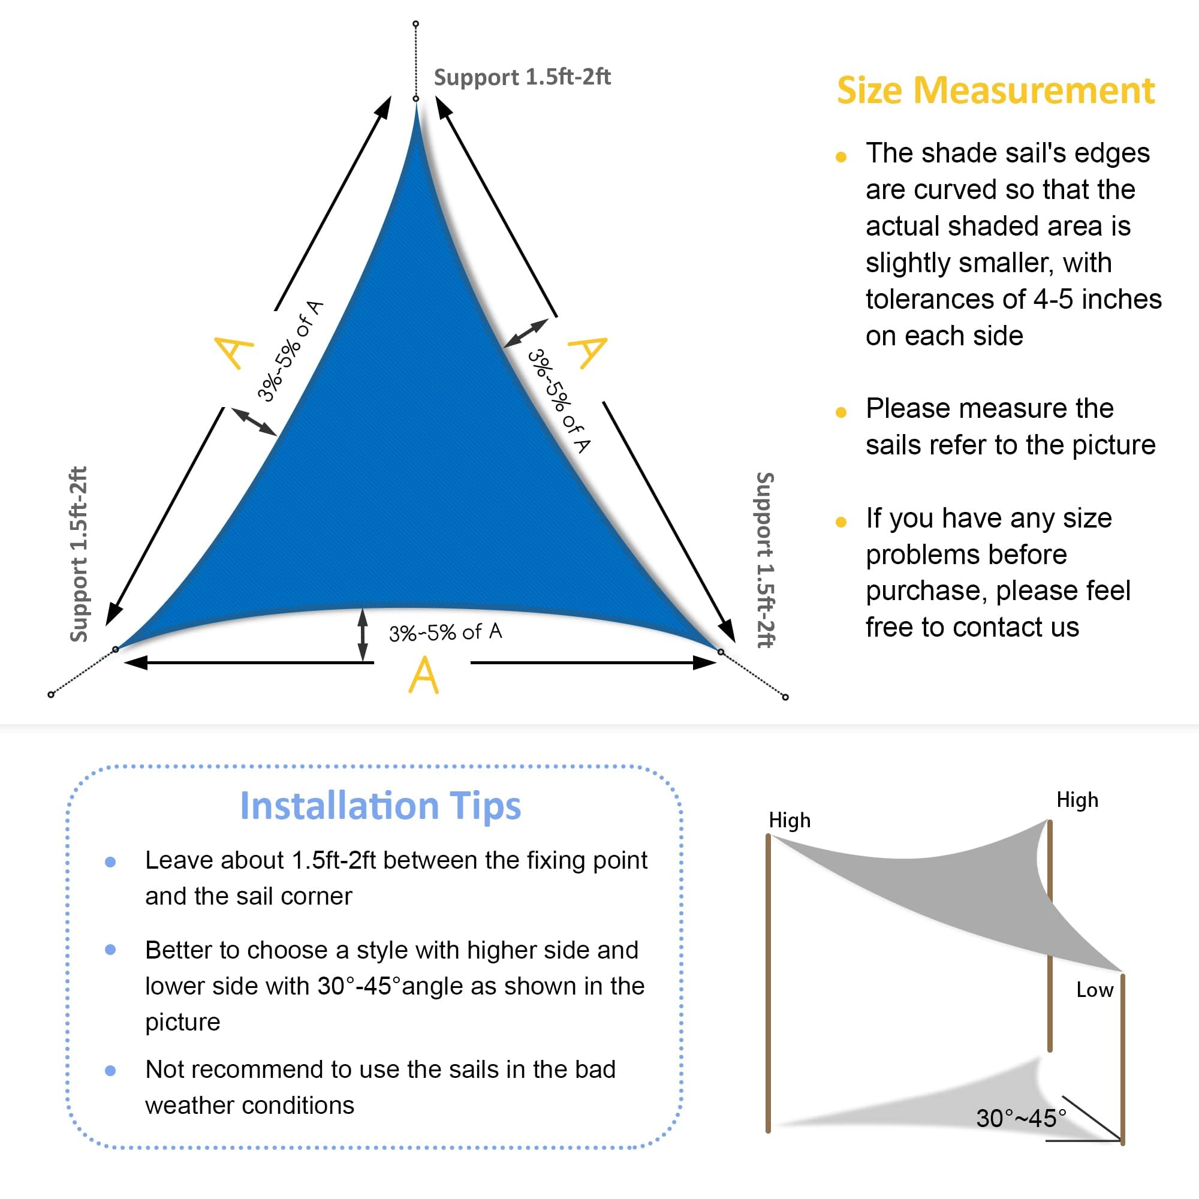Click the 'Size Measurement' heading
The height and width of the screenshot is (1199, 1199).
click(995, 91)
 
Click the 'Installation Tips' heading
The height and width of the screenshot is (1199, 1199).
click(381, 806)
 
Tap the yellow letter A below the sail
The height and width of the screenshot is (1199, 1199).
click(424, 674)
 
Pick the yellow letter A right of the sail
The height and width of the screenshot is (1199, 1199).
click(587, 352)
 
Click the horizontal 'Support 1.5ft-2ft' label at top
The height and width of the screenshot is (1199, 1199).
click(522, 77)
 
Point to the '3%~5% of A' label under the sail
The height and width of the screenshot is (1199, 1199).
click(445, 632)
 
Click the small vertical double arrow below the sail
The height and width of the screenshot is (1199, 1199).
click(363, 635)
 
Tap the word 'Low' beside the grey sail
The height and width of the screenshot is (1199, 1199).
click(1095, 990)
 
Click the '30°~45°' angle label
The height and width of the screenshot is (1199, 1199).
click(1021, 1118)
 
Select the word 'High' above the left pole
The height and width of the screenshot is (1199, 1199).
click(790, 821)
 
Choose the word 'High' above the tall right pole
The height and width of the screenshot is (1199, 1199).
click(1077, 800)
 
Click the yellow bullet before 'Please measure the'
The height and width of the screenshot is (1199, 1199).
click(841, 412)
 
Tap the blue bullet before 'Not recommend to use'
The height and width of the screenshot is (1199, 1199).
click(110, 1071)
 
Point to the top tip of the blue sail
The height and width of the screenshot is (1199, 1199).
click(417, 104)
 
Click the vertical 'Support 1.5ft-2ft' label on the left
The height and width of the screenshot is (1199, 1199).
click(78, 553)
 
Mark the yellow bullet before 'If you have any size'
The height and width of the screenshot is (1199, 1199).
click(841, 522)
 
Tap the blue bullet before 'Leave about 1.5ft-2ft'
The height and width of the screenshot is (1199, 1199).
click(110, 862)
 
